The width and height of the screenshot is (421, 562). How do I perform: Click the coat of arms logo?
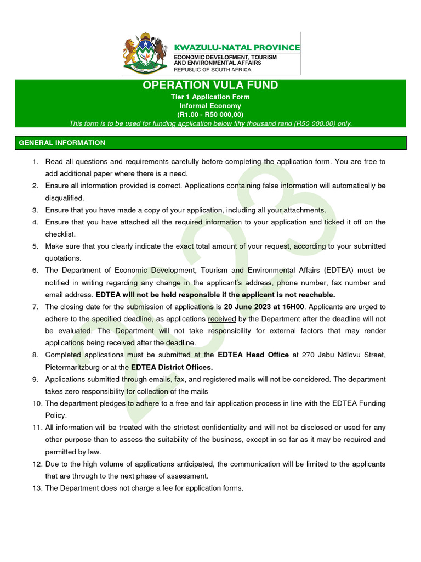tap(145, 54)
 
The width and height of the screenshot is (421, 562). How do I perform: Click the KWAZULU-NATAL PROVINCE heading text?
tap(237, 48)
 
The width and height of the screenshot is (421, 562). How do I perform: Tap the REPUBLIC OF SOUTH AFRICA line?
tap(213, 70)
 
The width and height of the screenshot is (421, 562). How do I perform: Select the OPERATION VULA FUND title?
tap(210, 85)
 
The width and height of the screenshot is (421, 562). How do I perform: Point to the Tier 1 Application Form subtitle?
tap(210, 97)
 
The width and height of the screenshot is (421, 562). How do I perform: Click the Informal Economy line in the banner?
tap(210, 106)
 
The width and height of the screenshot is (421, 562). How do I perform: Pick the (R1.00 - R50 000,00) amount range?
tap(210, 115)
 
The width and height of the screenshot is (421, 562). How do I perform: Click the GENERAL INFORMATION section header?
tap(62, 143)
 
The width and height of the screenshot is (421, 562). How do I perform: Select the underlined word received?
tap(223, 319)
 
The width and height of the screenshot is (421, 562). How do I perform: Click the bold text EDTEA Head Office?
tap(253, 355)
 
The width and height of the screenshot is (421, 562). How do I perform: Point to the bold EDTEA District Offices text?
tap(171, 367)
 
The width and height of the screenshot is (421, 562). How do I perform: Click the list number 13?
tap(36, 488)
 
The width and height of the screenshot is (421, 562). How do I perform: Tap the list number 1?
tap(36, 162)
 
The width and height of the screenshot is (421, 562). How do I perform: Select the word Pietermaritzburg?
tap(72, 367)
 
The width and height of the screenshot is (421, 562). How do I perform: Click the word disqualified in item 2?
tap(65, 198)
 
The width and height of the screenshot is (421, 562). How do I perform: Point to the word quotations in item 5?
tap(63, 258)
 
